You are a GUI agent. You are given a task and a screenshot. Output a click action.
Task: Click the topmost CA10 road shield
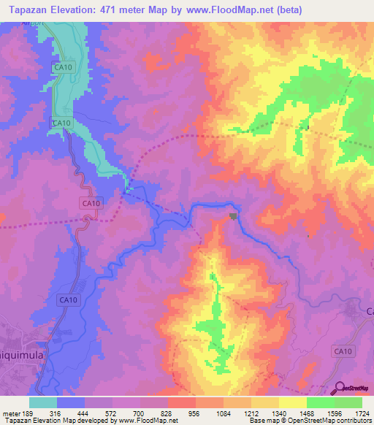tap(63, 67)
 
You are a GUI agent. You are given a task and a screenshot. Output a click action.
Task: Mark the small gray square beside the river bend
tap(233, 215)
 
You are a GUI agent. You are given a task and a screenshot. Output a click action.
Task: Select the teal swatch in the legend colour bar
tap(43, 402)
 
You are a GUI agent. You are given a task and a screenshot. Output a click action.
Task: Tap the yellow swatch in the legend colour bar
tap(292, 402)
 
